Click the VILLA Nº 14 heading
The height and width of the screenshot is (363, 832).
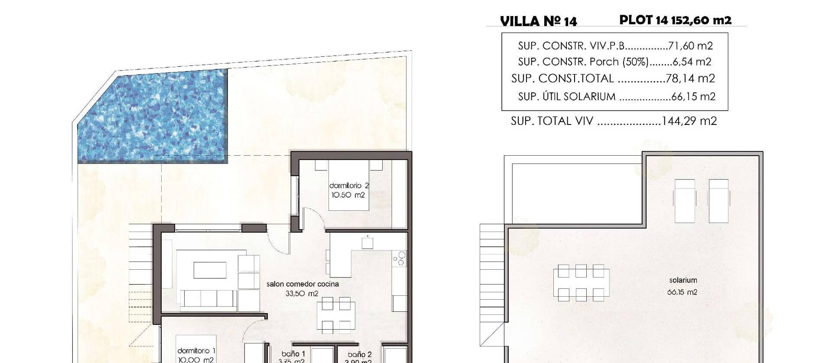538,21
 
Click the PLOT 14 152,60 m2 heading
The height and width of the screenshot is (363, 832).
675,20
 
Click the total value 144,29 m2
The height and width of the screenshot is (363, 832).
689,121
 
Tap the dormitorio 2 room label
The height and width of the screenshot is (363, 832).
349,186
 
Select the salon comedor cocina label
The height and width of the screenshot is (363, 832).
302,284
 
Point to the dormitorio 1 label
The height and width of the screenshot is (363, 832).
196,351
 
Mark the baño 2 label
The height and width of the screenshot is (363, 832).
359,354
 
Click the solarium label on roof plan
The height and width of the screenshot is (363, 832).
682,281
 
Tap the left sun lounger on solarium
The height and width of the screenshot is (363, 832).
684,200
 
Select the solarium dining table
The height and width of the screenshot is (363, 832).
581,283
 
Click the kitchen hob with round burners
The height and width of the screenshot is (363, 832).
399,258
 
